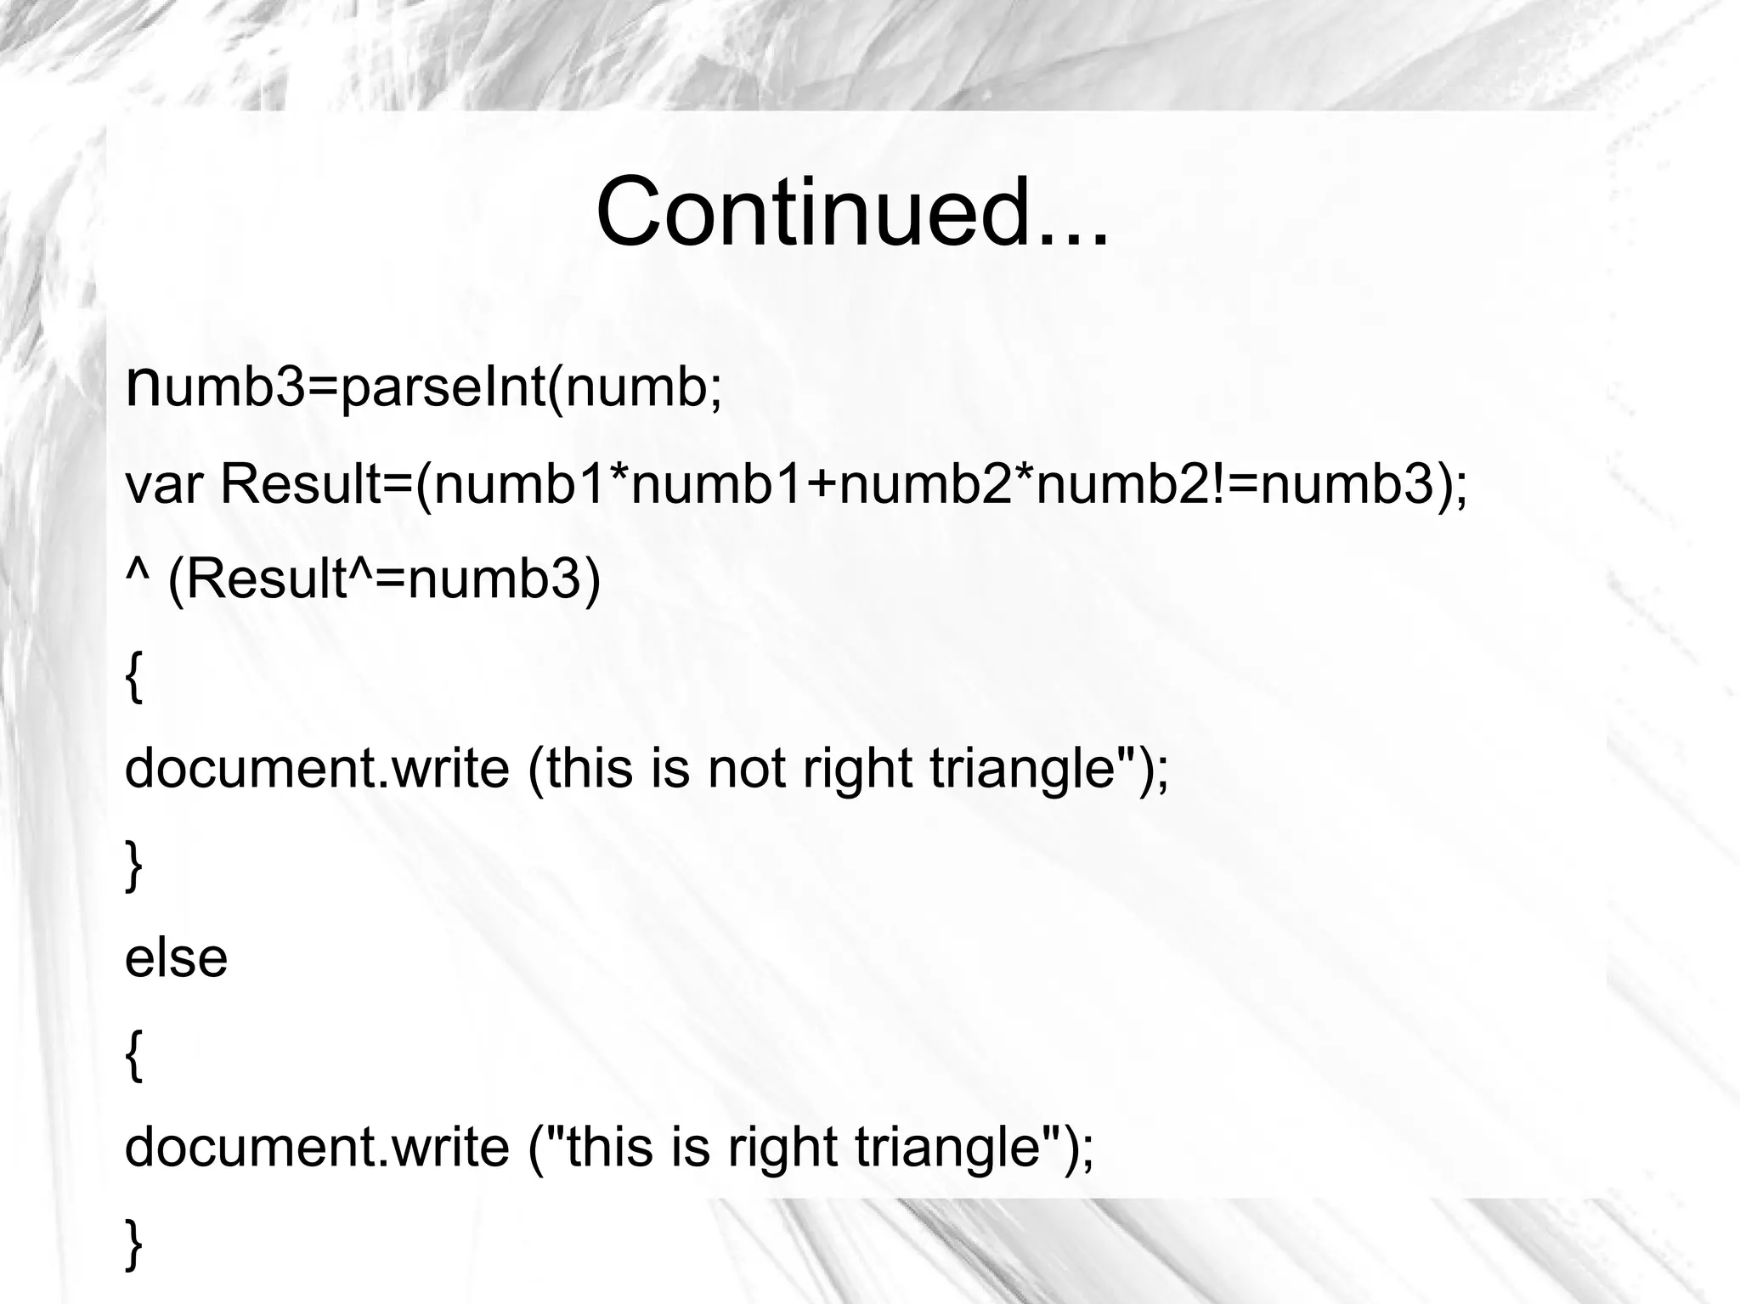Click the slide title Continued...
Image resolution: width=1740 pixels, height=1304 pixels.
[x=852, y=212]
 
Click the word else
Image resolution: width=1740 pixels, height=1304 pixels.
[x=176, y=958]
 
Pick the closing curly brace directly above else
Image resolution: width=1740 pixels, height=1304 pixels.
[x=133, y=865]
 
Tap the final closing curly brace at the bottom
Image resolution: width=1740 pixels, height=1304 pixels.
[x=133, y=1244]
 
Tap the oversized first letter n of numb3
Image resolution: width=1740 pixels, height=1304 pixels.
[x=142, y=384]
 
